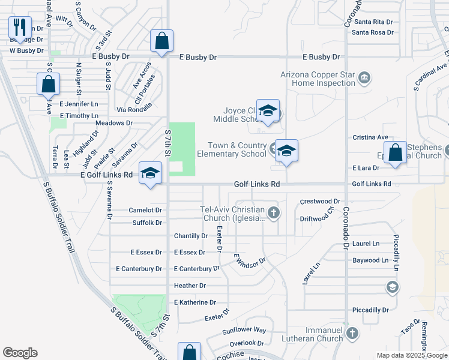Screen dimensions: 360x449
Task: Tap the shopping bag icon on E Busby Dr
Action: point(161,41)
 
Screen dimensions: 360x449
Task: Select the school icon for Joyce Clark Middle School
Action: point(268,112)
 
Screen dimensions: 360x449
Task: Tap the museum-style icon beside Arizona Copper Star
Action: point(364,78)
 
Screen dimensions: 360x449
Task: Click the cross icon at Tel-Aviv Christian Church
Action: point(274,212)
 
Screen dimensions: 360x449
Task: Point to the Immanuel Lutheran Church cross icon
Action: point(352,332)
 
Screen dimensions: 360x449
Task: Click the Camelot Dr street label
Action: point(145,211)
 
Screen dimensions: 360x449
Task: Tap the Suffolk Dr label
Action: point(147,223)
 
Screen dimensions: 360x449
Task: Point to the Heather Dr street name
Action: point(190,286)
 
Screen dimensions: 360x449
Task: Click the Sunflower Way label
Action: point(244,330)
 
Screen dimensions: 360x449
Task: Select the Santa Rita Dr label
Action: point(374,22)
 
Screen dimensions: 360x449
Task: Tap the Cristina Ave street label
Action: point(370,137)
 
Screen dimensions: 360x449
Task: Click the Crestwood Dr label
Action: point(320,202)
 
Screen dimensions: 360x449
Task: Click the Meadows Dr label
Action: point(114,122)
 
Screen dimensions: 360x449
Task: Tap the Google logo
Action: point(20,353)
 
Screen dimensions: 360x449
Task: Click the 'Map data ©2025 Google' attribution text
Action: point(412,355)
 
